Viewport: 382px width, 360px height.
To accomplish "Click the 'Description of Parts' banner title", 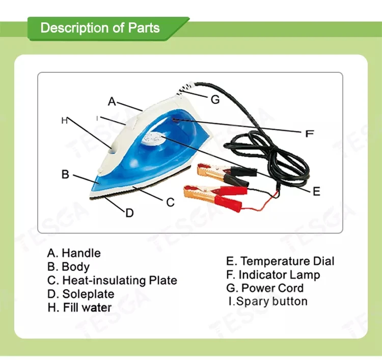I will [100, 27].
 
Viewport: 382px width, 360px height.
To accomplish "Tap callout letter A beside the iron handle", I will [112, 101].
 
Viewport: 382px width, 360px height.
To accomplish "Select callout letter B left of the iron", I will [65, 174].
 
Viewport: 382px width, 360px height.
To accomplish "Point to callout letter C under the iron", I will [171, 202].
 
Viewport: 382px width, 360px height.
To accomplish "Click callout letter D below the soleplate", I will [129, 213].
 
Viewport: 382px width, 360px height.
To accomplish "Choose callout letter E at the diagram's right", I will [316, 191].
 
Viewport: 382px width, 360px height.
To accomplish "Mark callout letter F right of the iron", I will [309, 134].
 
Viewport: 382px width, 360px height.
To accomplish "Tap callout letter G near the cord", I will [215, 100].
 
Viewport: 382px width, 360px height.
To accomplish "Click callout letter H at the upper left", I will [64, 121].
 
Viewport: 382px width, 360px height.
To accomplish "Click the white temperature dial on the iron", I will [155, 137].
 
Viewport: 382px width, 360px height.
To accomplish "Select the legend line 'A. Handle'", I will [74, 253].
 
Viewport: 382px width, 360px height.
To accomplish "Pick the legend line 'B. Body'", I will [68, 267].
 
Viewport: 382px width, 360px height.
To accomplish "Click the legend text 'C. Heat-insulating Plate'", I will [112, 281].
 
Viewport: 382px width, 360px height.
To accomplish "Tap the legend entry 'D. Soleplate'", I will [80, 294].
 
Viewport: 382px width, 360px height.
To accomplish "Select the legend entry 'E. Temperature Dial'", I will [280, 261].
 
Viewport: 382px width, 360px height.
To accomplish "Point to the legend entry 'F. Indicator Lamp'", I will [273, 275].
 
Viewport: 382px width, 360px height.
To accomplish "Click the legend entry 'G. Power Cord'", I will [265, 288].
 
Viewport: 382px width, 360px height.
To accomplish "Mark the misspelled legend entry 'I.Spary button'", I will [268, 301].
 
